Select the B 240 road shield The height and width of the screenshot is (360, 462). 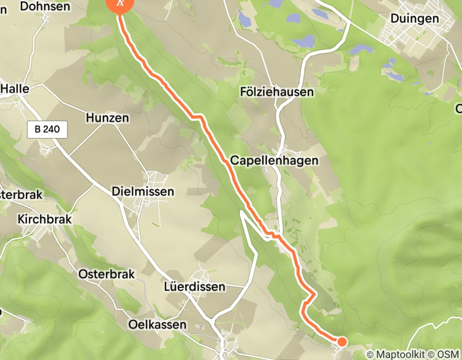[47, 130]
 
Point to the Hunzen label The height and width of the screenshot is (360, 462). [108, 118]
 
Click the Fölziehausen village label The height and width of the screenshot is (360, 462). [277, 92]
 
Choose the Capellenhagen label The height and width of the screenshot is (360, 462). [274, 160]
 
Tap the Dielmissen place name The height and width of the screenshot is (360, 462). [143, 191]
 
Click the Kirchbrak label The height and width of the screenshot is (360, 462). [44, 219]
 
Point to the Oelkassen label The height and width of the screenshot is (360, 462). [157, 325]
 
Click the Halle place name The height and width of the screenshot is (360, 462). [15, 89]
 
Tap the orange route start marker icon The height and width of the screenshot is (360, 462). [119, 4]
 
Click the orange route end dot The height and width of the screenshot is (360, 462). [341, 341]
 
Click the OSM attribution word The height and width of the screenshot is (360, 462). [448, 354]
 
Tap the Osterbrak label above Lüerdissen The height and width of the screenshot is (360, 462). [106, 274]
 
